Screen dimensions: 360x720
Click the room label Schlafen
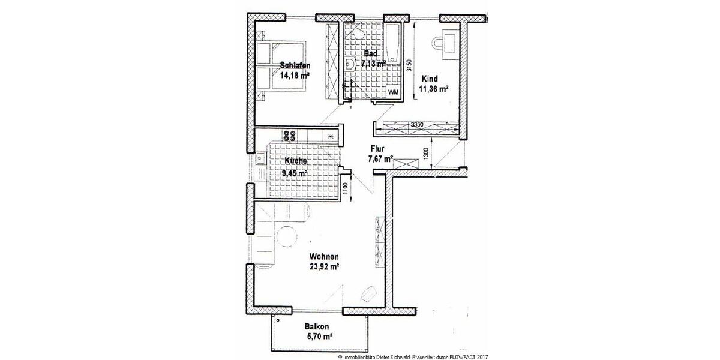click(x=294, y=65)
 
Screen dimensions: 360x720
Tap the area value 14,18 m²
click(x=294, y=76)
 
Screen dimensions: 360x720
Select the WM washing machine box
click(x=394, y=92)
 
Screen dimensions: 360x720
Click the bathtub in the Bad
click(x=394, y=43)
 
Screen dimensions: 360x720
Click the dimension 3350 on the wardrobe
click(x=418, y=125)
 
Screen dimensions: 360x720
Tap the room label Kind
click(x=430, y=79)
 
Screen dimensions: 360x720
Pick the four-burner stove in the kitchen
click(x=290, y=136)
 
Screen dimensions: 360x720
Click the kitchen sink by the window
click(x=260, y=159)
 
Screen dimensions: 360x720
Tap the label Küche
click(x=296, y=161)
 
